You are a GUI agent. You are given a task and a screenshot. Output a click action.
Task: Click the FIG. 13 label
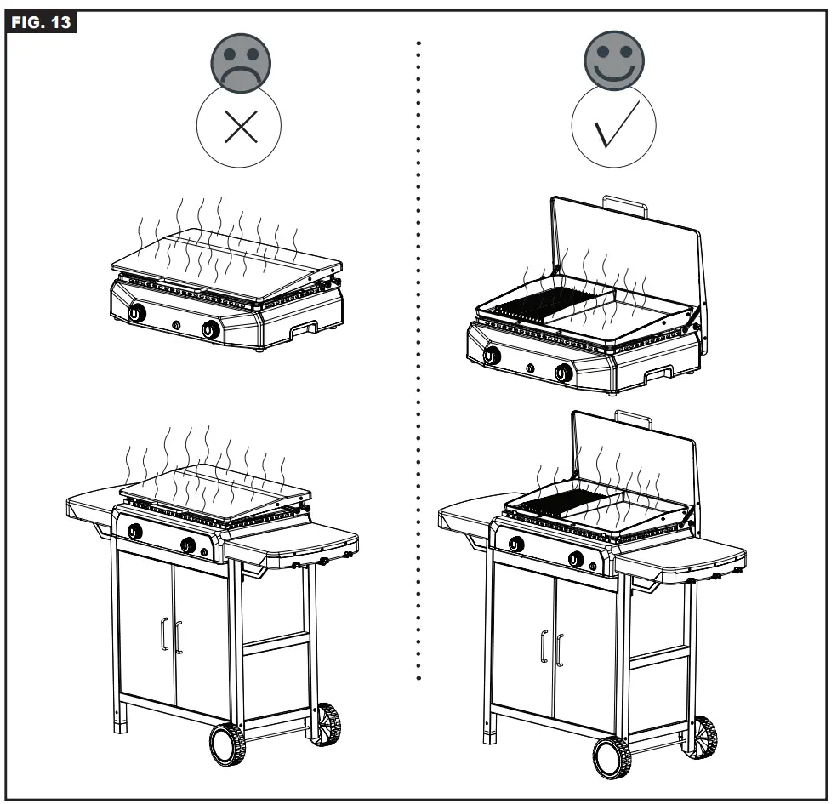(40, 22)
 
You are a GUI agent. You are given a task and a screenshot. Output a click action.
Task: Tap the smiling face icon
(613, 61)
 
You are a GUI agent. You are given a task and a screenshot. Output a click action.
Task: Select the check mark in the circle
(613, 128)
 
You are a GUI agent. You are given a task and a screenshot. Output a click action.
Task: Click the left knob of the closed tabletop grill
(135, 313)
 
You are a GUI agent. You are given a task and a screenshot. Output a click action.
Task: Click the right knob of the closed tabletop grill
(209, 330)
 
